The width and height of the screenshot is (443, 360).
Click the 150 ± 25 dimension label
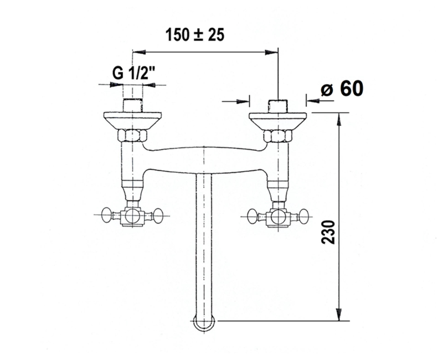click(195, 35)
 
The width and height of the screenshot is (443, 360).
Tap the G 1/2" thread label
click(133, 73)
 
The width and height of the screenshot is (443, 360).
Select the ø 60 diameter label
click(342, 89)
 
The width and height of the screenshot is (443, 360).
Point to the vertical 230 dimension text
click(328, 232)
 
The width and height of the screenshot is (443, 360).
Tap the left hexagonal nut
click(132, 135)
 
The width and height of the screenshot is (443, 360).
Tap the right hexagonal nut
click(278, 136)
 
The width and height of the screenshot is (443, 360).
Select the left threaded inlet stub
click(132, 105)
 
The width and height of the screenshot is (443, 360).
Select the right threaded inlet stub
click(278, 106)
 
